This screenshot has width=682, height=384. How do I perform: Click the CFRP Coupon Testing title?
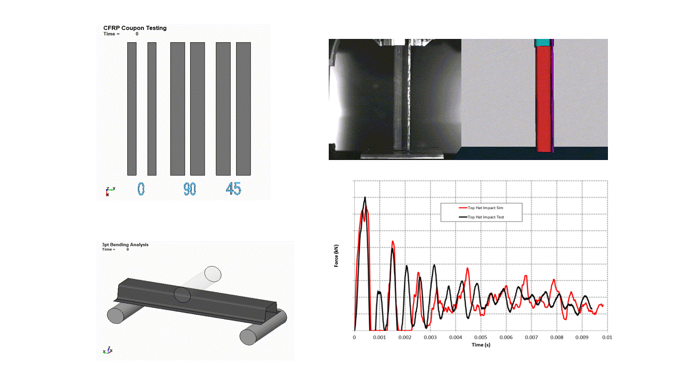[x=135, y=28]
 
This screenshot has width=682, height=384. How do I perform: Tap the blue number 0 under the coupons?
[x=141, y=189]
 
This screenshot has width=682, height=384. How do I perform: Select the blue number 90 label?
[x=190, y=189]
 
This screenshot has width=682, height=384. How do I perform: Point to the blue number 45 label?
[x=233, y=189]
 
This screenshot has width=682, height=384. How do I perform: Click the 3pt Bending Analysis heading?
[x=125, y=245]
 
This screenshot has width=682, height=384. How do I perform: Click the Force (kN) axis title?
[x=336, y=255]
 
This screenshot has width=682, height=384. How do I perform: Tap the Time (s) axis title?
[x=481, y=345]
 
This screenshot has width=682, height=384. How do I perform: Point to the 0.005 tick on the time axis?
[x=481, y=338]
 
